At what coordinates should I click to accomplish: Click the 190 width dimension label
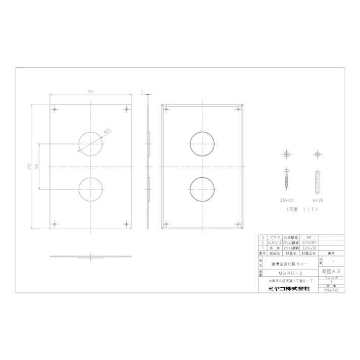click(91, 92)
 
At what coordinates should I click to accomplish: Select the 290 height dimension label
click(30, 166)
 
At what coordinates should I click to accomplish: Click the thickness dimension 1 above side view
click(142, 92)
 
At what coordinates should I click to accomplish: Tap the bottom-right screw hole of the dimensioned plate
click(125, 223)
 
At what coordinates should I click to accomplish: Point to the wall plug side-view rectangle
click(317, 181)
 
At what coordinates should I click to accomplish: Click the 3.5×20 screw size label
click(286, 200)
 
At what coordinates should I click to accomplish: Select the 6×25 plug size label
click(317, 200)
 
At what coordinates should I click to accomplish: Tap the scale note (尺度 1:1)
click(301, 208)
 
